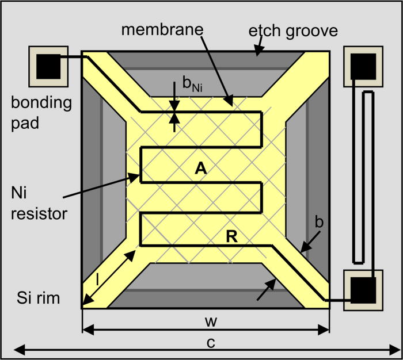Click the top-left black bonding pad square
tap(49, 65)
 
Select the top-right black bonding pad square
tap(364, 64)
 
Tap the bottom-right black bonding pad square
tap(364, 290)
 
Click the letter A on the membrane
tap(200, 167)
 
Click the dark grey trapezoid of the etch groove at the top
tap(205, 60)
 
